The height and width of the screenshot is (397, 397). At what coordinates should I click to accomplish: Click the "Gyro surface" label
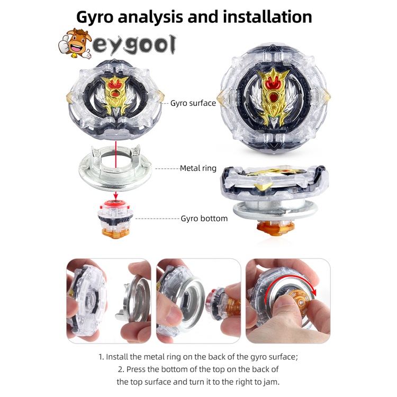193,103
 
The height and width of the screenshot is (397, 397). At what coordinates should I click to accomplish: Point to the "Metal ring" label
198,168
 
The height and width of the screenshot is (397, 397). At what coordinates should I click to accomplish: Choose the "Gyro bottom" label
204,218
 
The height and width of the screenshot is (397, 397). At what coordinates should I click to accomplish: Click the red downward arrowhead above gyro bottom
115,197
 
